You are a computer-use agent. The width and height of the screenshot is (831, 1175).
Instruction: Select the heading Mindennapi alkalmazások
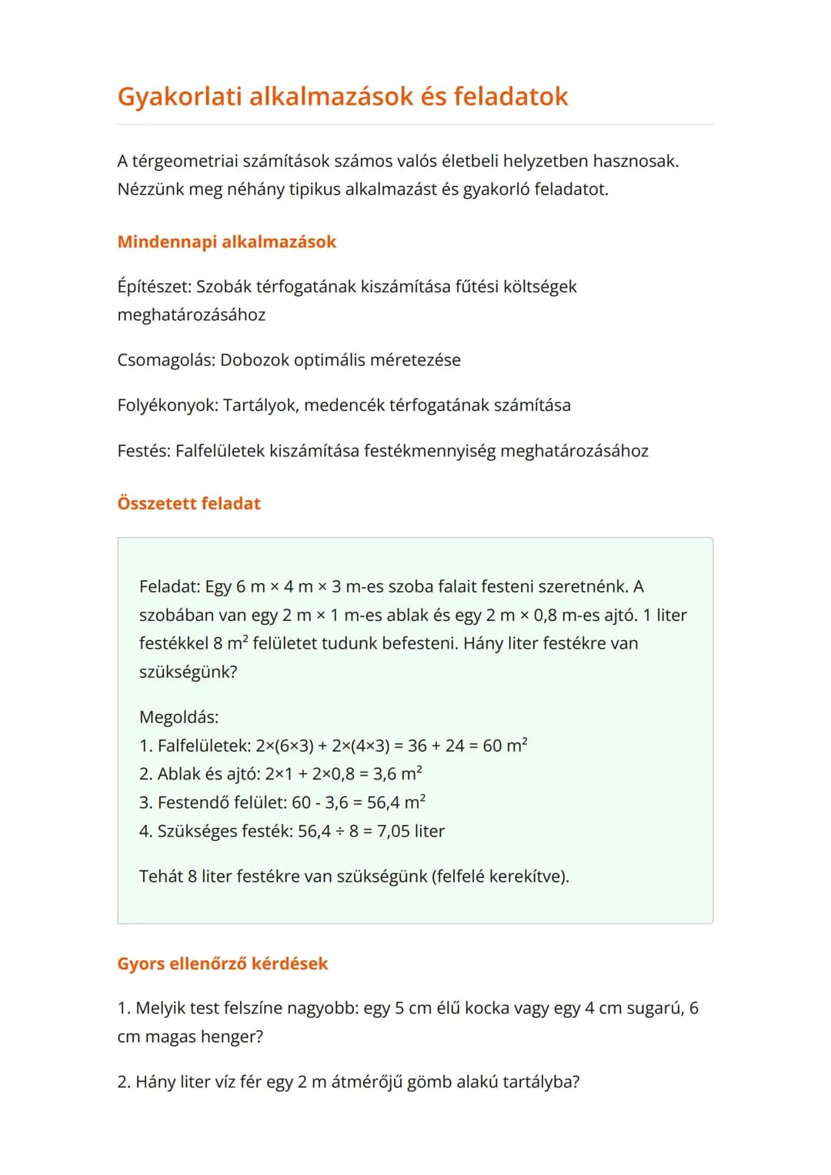(226, 242)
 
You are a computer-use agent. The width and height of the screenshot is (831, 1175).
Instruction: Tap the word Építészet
(153, 287)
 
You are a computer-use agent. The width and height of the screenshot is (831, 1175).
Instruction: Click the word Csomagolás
(165, 360)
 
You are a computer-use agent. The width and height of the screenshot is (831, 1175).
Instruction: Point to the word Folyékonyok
(167, 406)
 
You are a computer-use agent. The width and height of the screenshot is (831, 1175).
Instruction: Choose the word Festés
(143, 451)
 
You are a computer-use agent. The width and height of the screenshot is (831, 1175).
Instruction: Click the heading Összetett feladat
(189, 503)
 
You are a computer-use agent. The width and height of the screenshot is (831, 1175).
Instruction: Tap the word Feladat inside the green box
(169, 587)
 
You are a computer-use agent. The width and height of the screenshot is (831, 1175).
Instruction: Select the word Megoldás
(178, 717)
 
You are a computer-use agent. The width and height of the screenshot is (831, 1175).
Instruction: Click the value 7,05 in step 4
(392, 831)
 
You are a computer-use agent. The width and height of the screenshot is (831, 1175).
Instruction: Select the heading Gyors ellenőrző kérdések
(222, 963)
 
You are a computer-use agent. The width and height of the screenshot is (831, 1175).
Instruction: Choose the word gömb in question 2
(429, 1082)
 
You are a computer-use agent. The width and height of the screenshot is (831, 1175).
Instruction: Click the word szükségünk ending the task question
(187, 672)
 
